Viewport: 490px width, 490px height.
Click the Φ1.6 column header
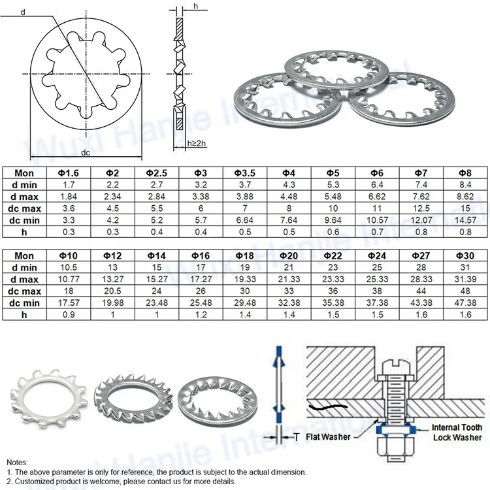69,173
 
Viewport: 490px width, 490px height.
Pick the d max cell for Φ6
377,197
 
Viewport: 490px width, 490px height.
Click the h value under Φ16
202,314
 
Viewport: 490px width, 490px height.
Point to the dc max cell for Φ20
289,291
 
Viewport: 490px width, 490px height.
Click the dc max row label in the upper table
24,208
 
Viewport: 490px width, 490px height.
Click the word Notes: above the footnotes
18,461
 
